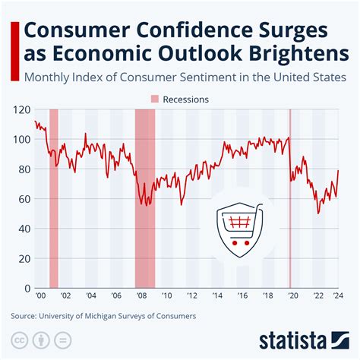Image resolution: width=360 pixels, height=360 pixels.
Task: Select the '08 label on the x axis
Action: [x=140, y=296]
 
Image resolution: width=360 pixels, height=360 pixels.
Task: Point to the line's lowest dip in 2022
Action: [x=318, y=213]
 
